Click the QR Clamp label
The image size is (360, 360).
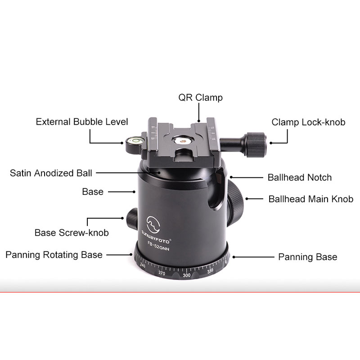[200, 98]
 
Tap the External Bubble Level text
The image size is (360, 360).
[82, 121]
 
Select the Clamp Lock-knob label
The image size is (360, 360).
[308, 122]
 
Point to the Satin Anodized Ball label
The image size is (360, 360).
[51, 173]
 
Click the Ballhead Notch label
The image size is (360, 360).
[300, 177]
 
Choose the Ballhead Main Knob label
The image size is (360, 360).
[311, 199]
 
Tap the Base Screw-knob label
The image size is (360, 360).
[72, 233]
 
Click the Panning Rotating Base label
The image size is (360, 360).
[54, 255]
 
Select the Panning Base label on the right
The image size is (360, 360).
[308, 257]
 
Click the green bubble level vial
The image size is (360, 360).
[135, 139]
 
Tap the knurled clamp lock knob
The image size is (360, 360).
[256, 144]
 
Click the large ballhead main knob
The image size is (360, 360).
[235, 203]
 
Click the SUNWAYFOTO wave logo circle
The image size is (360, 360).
[153, 224]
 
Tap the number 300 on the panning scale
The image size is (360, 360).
[186, 275]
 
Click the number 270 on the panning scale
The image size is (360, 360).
[162, 273]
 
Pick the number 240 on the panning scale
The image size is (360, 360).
[143, 265]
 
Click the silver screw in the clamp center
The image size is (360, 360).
[183, 141]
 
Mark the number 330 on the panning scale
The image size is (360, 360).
[210, 271]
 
